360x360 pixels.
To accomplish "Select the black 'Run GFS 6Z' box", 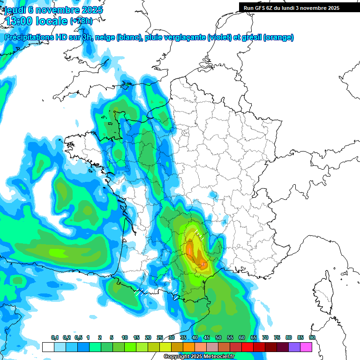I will [x=292, y=7].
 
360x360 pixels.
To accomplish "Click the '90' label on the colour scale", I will [x=312, y=337].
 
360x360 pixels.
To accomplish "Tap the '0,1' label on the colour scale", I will [x=54, y=337].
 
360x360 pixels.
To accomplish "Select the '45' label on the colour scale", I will [x=207, y=337].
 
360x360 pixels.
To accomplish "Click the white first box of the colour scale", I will [x=48, y=347].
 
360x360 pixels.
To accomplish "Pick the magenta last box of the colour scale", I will [x=306, y=347].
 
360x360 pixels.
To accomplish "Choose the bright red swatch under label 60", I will [x=247, y=347].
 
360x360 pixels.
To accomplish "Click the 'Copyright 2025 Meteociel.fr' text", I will [x=199, y=357].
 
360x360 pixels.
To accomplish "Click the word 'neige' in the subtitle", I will [x=104, y=37].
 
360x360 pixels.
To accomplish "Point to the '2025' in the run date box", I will [x=333, y=7].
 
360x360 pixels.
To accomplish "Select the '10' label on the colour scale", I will [x=125, y=337].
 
